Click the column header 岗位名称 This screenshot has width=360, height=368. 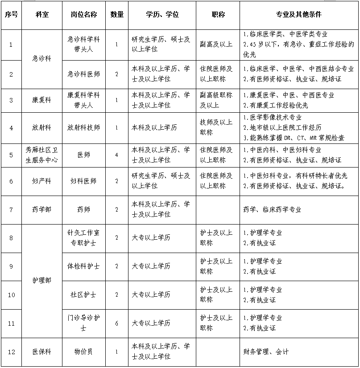(x=83, y=15)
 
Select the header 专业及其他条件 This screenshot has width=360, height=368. (x=299, y=15)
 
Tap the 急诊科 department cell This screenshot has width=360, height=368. (x=42, y=59)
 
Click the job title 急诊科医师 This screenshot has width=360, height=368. (x=83, y=74)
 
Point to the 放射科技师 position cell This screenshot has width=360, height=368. (x=83, y=128)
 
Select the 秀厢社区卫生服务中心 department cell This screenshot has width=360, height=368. (x=42, y=155)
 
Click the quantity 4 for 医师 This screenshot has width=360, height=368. (x=117, y=155)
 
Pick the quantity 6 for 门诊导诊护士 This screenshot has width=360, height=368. (x=117, y=323)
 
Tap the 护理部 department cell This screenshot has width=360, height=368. (x=42, y=281)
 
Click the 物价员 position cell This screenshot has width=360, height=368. (x=83, y=352)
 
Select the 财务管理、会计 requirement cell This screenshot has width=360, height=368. (x=266, y=352)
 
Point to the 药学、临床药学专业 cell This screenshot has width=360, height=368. (x=272, y=209)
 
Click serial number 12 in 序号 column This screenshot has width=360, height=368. (x=11, y=352)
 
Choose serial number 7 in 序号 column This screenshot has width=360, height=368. (x=11, y=209)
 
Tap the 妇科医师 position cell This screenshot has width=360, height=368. (x=83, y=181)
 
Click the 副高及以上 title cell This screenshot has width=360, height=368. (x=216, y=44)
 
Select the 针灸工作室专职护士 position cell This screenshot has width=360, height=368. (x=83, y=238)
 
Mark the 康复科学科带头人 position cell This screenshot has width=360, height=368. (x=83, y=100)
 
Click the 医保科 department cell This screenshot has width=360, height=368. (x=42, y=352)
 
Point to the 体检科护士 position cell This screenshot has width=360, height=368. (x=83, y=266)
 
